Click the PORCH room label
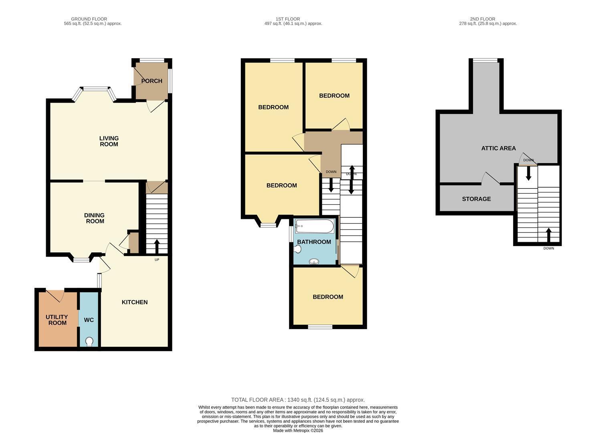[152, 81]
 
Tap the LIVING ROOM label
[109, 141]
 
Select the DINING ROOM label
[95, 218]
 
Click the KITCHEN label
[135, 302]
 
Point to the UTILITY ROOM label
[57, 320]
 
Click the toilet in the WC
[89, 341]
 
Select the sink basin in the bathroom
[314, 261]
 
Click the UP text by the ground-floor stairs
[157, 260]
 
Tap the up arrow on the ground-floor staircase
[157, 247]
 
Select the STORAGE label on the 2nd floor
[476, 199]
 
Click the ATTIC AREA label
[498, 148]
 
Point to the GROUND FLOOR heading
[89, 19]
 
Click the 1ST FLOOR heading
[288, 19]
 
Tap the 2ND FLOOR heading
[483, 19]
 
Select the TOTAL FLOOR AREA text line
[298, 400]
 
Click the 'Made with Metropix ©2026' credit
[298, 430]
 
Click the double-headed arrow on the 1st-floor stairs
[352, 180]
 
